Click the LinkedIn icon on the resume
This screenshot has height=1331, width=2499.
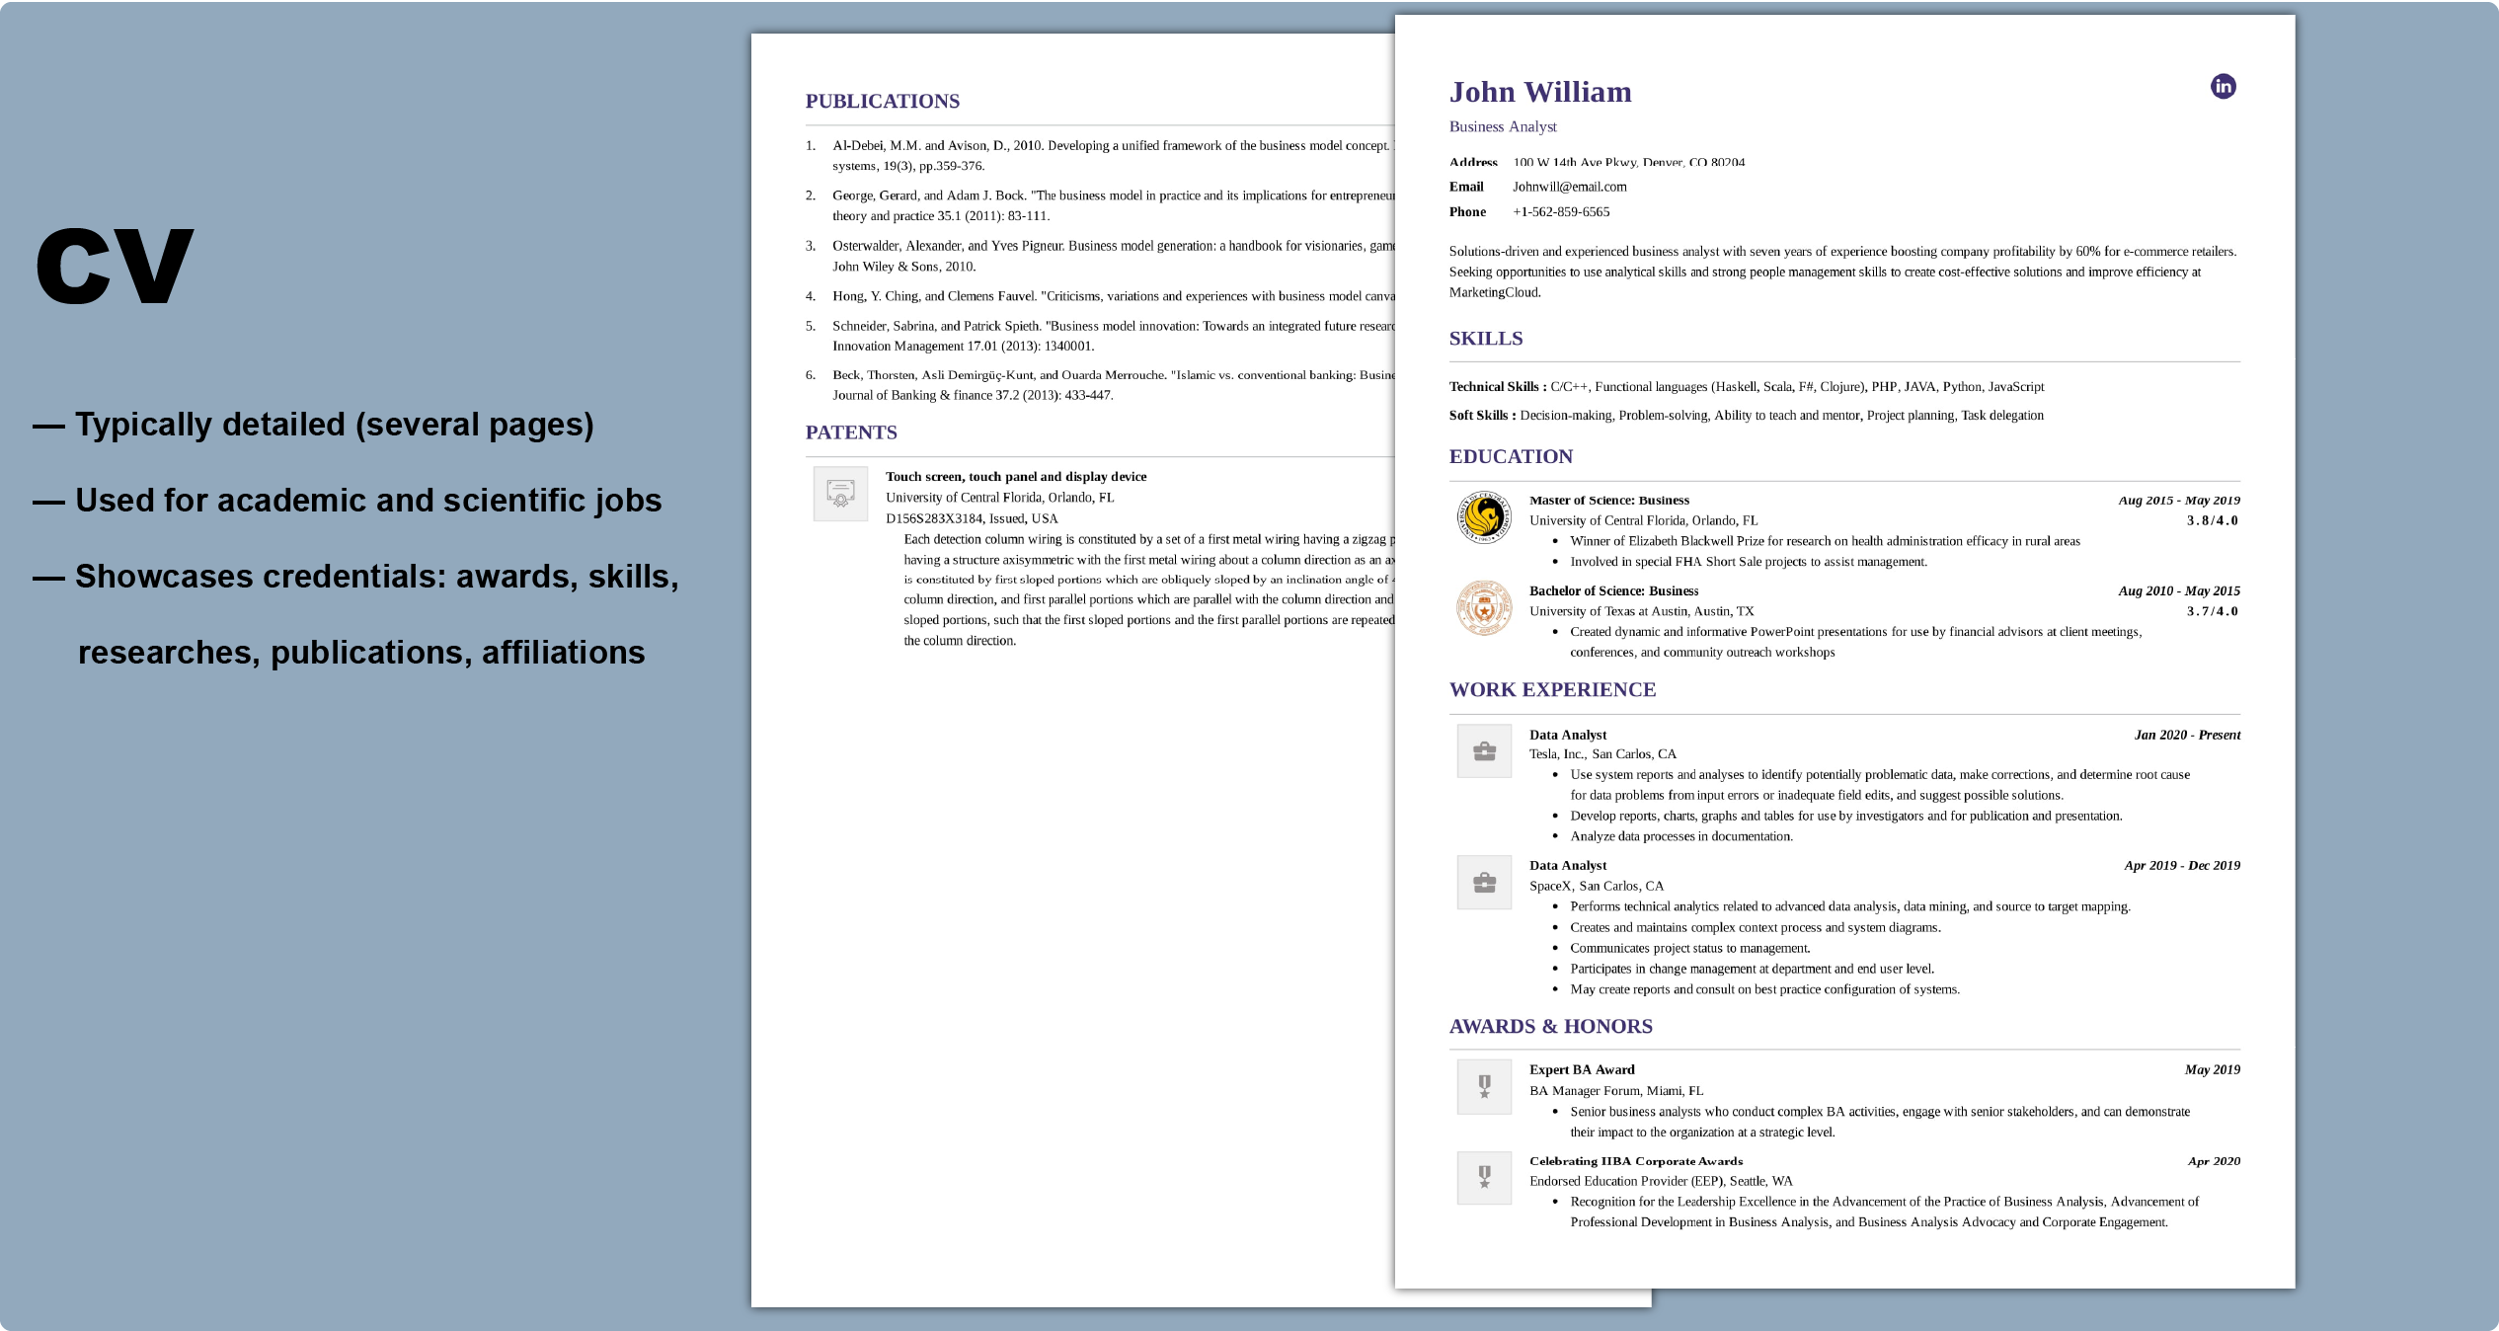coord(2223,87)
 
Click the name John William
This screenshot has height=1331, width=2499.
coord(1539,92)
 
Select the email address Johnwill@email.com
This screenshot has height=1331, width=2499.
coord(1569,187)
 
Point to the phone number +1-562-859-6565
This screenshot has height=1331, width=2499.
coord(1560,212)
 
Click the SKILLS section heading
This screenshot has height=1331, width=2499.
coord(1485,339)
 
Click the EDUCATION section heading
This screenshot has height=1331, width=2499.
coord(1510,456)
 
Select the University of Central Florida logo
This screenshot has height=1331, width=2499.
coord(1483,516)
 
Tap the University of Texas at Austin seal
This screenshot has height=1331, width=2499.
coord(1483,607)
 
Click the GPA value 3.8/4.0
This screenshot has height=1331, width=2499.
coord(2212,520)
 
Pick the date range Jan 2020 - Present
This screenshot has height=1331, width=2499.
coord(2186,735)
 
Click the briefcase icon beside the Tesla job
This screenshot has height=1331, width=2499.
coord(1483,751)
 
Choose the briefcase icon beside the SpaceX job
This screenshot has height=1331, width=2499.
coord(1483,882)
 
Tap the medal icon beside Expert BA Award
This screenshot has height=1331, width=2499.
coord(1483,1086)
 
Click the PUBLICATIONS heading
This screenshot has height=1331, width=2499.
coord(882,102)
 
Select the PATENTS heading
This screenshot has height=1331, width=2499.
coord(850,432)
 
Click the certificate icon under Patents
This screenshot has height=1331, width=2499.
coord(839,493)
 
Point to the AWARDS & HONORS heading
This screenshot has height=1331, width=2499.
coord(1550,1026)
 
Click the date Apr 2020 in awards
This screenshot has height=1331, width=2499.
coord(2213,1161)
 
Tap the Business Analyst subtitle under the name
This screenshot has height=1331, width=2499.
coord(1502,126)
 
